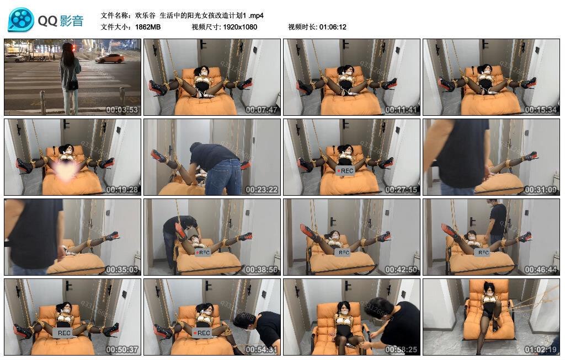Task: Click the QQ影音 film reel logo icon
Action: coord(21,20)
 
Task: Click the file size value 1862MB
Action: coord(148,27)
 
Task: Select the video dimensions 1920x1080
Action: coord(240,27)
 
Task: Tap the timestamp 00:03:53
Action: coord(122,110)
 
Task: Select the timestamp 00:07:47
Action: coord(262,110)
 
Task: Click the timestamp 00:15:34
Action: coord(541,110)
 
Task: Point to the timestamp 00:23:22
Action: coord(262,190)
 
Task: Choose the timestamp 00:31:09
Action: coord(541,190)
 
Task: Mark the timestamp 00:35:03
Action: coord(122,270)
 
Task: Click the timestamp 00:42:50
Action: coord(401,270)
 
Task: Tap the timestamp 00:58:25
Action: coord(401,350)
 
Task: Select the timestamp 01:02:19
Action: coord(541,350)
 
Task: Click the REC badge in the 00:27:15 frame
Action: coord(344,171)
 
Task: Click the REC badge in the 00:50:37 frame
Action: coord(65,333)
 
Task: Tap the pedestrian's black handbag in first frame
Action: coord(72,85)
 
